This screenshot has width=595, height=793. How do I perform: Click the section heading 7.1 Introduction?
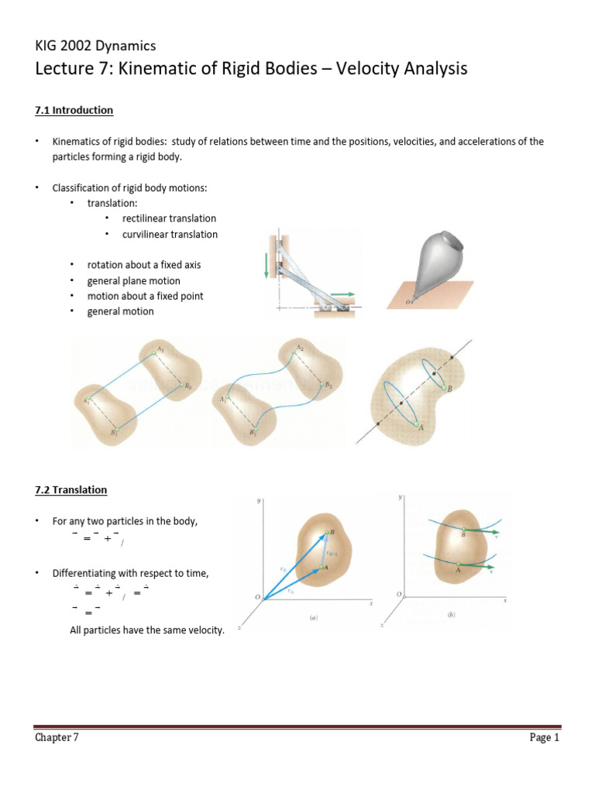point(74,111)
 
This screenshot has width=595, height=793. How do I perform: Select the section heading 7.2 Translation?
point(71,490)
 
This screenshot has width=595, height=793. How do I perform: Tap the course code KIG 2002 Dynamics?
point(95,46)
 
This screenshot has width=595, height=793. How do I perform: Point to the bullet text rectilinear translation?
point(169,218)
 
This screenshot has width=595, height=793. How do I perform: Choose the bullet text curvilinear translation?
point(170,234)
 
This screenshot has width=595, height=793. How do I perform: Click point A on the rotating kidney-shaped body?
point(421,427)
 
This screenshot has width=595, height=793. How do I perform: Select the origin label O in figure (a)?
point(257,596)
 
